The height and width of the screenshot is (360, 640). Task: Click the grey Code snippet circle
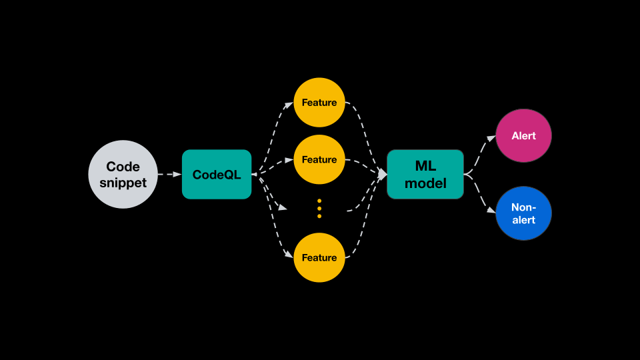tap(123, 174)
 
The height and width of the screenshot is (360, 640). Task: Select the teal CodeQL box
tap(217, 174)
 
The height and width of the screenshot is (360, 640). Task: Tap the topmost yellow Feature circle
tap(319, 103)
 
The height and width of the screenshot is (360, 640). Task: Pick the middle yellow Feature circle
tap(319, 160)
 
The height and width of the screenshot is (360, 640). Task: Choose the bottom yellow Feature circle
tap(319, 257)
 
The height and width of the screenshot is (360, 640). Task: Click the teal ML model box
tap(425, 174)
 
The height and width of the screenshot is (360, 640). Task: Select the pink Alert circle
tap(523, 136)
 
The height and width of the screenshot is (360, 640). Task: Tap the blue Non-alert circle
tap(523, 213)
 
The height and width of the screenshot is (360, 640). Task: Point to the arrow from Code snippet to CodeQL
tap(169, 174)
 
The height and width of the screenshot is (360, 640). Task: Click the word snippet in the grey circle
tap(123, 183)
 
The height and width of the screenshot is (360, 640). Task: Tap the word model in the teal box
tap(425, 183)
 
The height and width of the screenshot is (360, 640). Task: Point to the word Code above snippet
tap(123, 166)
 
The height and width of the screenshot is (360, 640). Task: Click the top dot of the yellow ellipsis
tap(319, 201)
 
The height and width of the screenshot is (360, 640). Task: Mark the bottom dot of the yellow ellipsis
tap(319, 216)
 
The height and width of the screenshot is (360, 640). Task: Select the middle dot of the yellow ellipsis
tap(319, 208)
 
